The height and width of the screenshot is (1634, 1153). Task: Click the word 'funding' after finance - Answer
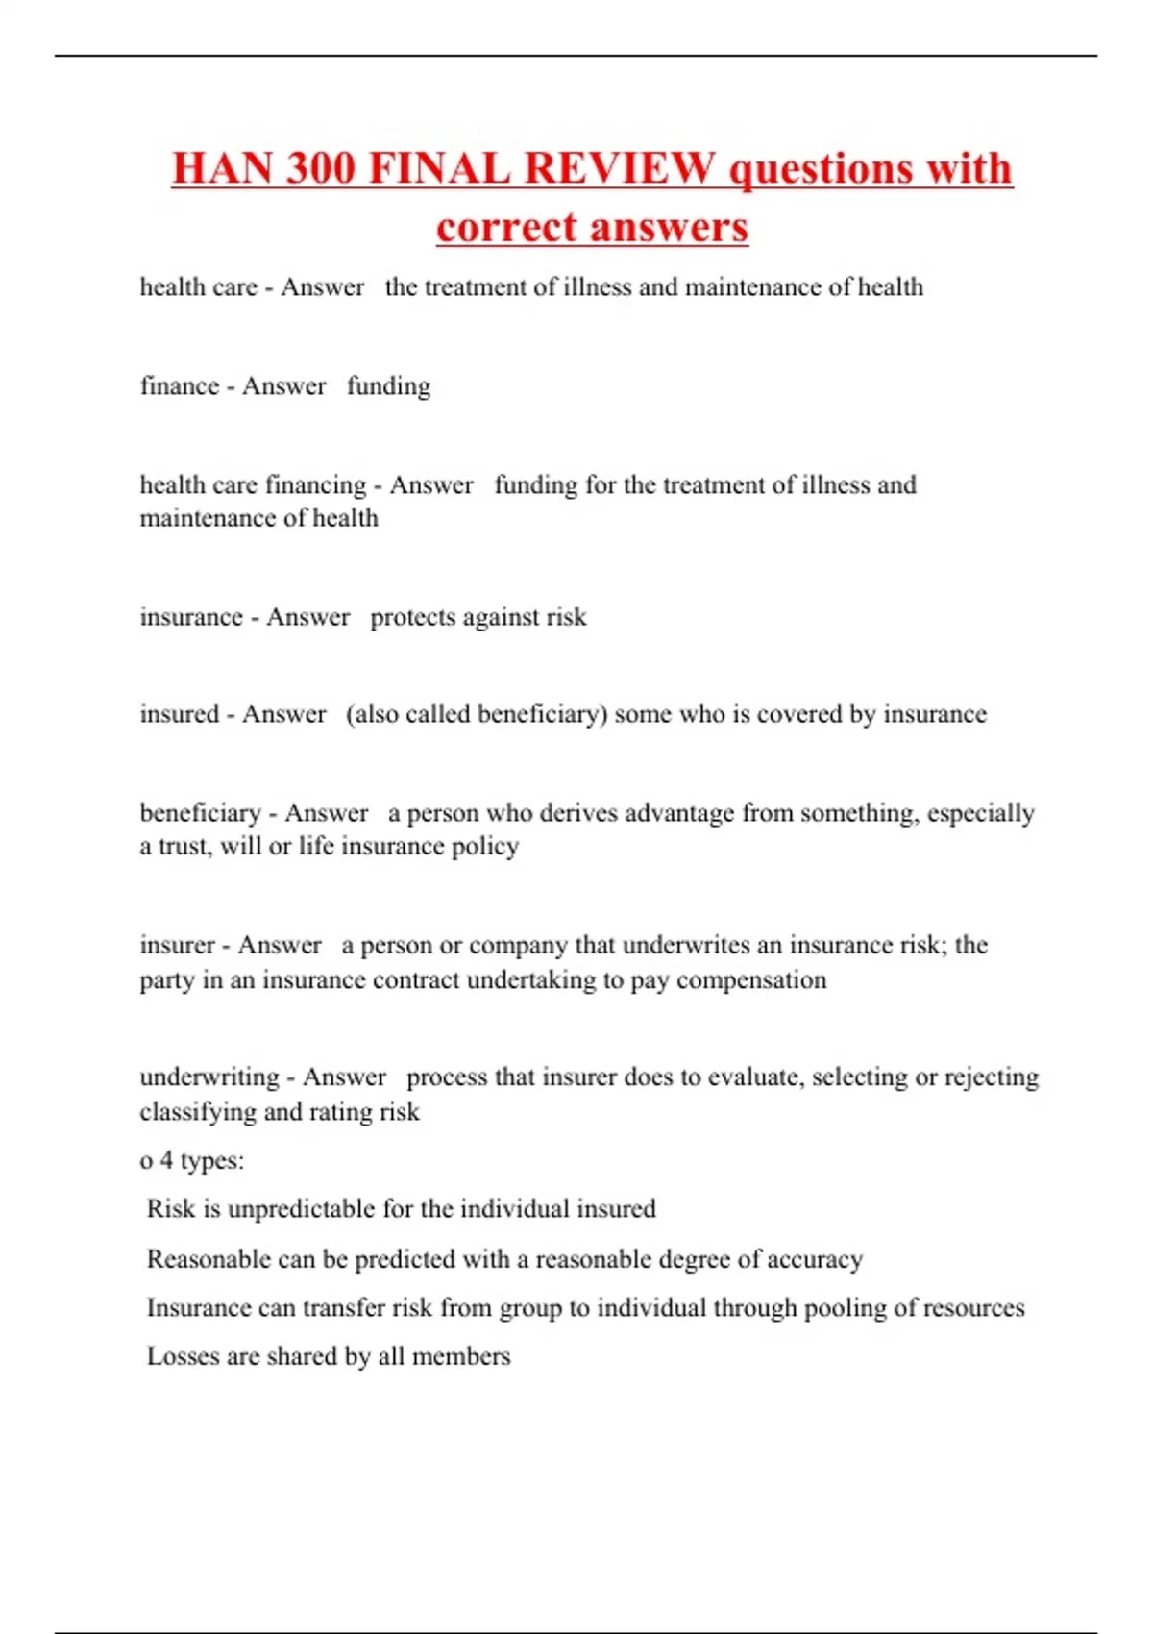tap(388, 386)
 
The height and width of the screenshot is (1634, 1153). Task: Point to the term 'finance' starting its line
tap(180, 386)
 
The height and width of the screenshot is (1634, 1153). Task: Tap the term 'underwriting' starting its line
tap(209, 1077)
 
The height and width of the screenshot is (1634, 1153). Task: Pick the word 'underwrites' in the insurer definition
tap(686, 945)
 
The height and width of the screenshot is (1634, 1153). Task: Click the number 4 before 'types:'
tap(166, 1160)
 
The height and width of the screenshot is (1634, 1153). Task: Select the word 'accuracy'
tap(814, 1259)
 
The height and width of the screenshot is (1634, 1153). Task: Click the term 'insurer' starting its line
tap(178, 945)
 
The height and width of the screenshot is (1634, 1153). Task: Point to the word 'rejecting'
tap(991, 1077)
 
